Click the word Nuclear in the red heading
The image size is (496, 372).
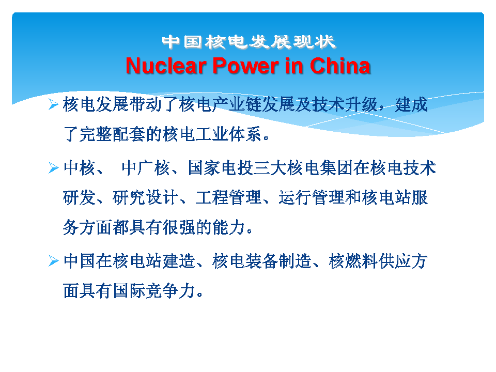pyautogui.click(x=166, y=66)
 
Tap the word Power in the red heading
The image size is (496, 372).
pyautogui.click(x=245, y=66)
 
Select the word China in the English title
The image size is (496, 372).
pyautogui.click(x=340, y=66)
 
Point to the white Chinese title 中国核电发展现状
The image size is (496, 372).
pyautogui.click(x=249, y=42)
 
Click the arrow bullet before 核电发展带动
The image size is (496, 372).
pyautogui.click(x=53, y=104)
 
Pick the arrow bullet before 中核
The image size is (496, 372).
pyautogui.click(x=53, y=167)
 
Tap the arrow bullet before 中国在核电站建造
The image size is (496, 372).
pyautogui.click(x=53, y=261)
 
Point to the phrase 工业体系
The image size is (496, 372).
pyautogui.click(x=228, y=134)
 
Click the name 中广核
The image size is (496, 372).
pyautogui.click(x=146, y=167)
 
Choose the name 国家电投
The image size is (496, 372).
pyautogui.click(x=221, y=167)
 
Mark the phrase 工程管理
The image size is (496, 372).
pyautogui.click(x=228, y=197)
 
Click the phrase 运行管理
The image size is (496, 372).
pyautogui.click(x=312, y=197)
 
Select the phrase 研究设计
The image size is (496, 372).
pyautogui.click(x=146, y=197)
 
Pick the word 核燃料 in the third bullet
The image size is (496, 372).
pyautogui.click(x=353, y=261)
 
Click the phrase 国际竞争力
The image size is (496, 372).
pyautogui.click(x=154, y=291)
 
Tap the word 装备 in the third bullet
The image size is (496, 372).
pyautogui.click(x=262, y=261)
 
